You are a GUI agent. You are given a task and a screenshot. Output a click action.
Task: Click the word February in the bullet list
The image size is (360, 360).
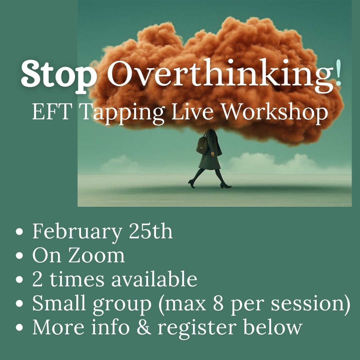tap(77, 232)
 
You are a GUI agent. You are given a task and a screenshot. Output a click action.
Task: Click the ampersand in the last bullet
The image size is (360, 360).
tap(143, 327)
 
